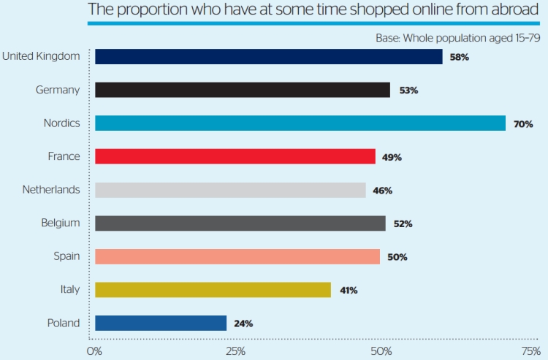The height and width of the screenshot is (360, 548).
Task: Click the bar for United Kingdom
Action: [x=268, y=57]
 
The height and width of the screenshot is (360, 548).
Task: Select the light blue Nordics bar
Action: [x=300, y=123]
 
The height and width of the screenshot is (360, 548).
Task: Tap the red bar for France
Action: [x=235, y=156]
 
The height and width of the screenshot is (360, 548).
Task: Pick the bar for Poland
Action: [x=161, y=323]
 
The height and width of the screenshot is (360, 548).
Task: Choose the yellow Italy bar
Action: [x=213, y=290]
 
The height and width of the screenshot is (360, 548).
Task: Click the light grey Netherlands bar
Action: [x=230, y=190]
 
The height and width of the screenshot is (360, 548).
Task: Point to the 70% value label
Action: [x=523, y=124]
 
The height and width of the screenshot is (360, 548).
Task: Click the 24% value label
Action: [x=244, y=323]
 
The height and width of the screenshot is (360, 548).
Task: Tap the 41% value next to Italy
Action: [x=348, y=291]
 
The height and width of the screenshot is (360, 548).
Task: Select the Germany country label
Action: [x=58, y=90]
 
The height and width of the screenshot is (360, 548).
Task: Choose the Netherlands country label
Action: [x=51, y=190]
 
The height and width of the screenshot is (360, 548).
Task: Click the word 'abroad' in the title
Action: [x=511, y=10]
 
